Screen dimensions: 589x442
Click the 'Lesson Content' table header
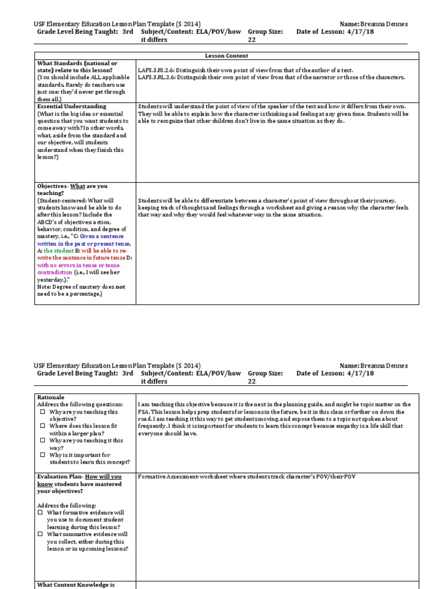coord(226,56)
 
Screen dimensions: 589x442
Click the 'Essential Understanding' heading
coord(71,106)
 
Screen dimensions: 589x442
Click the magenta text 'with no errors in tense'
coord(78,265)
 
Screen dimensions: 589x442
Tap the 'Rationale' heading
coord(51,397)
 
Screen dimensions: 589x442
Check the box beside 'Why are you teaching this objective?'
coord(41,412)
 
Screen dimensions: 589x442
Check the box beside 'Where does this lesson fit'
coord(41,426)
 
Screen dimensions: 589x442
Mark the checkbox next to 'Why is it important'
coord(41,455)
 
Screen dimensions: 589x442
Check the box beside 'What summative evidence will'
coord(41,534)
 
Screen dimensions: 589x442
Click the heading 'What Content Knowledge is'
coord(76,584)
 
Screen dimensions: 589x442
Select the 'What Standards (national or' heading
coord(77,63)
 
